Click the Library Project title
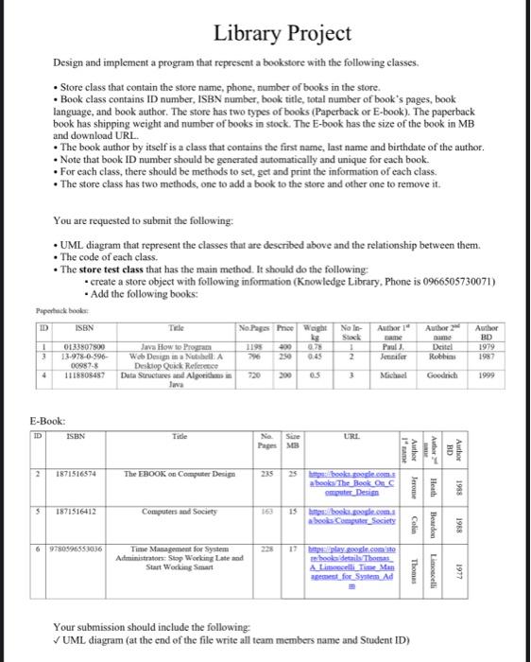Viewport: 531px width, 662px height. (269, 34)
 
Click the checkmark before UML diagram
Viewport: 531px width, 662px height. (59, 641)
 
